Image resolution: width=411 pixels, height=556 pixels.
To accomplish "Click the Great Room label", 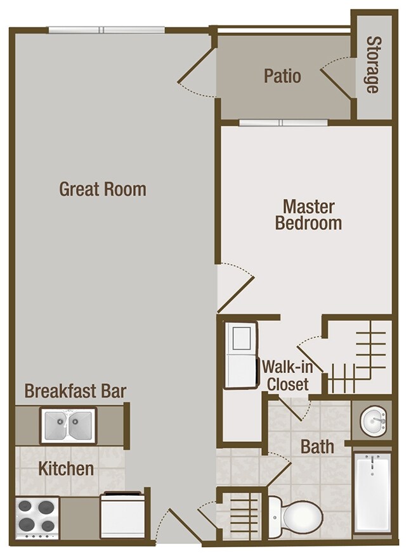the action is (103, 189).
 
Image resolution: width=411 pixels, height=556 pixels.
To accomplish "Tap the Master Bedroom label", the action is (308, 215).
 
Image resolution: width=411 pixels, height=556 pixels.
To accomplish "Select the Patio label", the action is (282, 76).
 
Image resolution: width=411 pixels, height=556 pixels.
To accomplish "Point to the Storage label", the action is (373, 65).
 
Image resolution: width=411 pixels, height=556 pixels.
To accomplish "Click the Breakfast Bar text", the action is (75, 391).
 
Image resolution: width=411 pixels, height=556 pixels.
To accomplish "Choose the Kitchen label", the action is (66, 469).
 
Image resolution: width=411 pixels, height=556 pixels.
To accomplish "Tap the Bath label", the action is (317, 447).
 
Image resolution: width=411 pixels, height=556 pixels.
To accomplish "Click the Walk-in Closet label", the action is (287, 376).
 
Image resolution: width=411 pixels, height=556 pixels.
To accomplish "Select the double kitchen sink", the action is (68, 425).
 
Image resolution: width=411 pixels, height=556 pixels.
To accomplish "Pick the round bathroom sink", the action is (374, 420).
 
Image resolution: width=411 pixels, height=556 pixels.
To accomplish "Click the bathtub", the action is (372, 493).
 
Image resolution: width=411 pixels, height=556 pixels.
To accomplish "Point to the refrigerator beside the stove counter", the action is (122, 516).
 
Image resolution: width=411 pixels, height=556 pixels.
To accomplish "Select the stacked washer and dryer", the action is (241, 355).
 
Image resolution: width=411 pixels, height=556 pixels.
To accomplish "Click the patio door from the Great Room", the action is (197, 72).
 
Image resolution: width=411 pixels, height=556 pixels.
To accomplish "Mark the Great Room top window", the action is (106, 30).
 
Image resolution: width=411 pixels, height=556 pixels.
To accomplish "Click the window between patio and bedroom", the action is (283, 123).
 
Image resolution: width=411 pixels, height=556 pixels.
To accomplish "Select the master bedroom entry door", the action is (235, 288).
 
